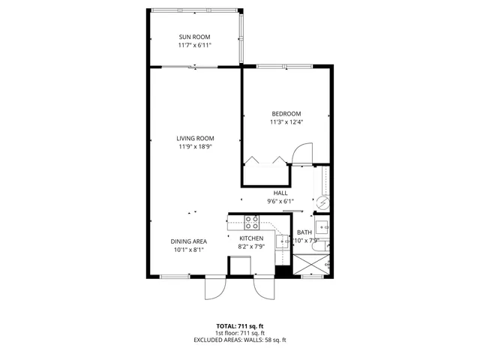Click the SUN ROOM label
pyautogui.click(x=194, y=37)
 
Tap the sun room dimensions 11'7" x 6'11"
pyautogui.click(x=194, y=46)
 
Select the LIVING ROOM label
pyautogui.click(x=196, y=138)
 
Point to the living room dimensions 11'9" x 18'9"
pyautogui.click(x=196, y=147)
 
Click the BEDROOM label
pyautogui.click(x=286, y=113)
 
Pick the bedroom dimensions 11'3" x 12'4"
pyautogui.click(x=286, y=122)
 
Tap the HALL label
pyautogui.click(x=280, y=193)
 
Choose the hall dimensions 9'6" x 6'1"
pyautogui.click(x=280, y=201)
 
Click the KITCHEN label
pyautogui.click(x=251, y=238)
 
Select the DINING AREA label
pyautogui.click(x=190, y=241)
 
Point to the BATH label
pyautogui.click(x=304, y=232)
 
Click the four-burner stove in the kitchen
pyautogui.click(x=252, y=222)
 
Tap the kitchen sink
pyautogui.click(x=283, y=241)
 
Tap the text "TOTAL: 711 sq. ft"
pyautogui.click(x=240, y=325)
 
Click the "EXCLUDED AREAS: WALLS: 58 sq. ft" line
pyautogui.click(x=240, y=340)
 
